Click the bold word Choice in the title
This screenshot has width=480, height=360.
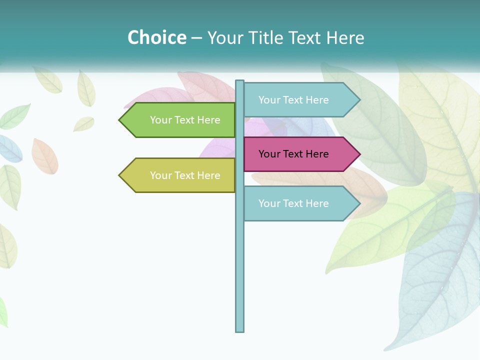(x=156, y=37)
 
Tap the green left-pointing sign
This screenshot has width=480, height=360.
(x=180, y=120)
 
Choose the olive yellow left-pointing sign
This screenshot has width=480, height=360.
(x=180, y=175)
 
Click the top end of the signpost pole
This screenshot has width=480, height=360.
(x=239, y=81)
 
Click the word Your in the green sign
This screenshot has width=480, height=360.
(x=160, y=120)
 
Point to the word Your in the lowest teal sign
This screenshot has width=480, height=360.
(x=269, y=203)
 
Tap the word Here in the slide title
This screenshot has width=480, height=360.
(x=345, y=37)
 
